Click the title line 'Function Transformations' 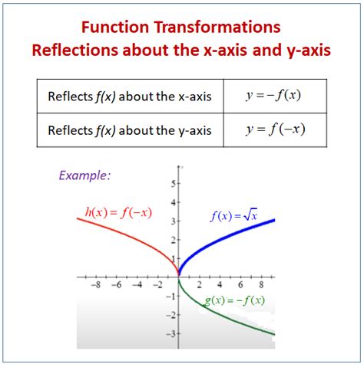coord(181,27)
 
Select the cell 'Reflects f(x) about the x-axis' coord(129,97)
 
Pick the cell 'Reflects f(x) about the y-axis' coord(129,129)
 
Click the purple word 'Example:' coord(84,175)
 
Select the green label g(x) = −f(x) coord(234,300)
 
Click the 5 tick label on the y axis coord(174,184)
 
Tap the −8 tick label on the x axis coord(96,284)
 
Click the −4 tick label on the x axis coord(137,284)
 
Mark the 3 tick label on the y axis coord(174,221)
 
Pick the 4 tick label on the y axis coord(174,203)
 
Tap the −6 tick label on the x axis coord(116,284)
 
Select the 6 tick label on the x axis coord(238,284)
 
